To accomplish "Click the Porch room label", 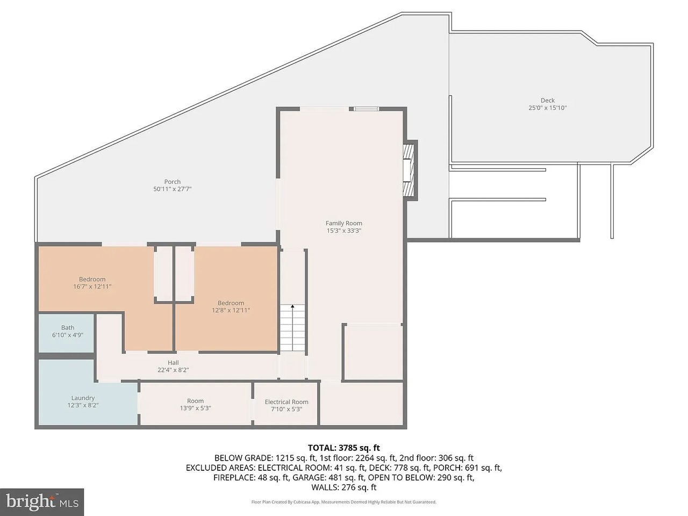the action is [x=173, y=182].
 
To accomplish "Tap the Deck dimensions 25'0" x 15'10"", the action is [x=548, y=108].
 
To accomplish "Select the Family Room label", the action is [x=344, y=224].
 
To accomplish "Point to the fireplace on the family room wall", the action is [x=410, y=170].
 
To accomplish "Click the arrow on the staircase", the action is [x=292, y=327].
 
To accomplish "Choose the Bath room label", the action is [x=68, y=328].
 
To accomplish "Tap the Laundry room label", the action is [x=83, y=398].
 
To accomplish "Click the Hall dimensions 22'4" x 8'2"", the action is [x=173, y=370].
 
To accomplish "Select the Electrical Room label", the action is [x=286, y=402].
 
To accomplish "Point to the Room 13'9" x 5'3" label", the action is [x=195, y=405].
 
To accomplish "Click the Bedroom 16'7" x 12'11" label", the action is [x=92, y=283].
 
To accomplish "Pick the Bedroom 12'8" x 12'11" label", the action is [x=231, y=307].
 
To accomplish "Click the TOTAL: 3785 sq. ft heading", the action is [x=344, y=448].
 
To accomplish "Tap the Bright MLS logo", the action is [x=42, y=502].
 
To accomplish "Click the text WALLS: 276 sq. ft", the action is [x=344, y=488].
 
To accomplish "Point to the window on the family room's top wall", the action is [x=367, y=109].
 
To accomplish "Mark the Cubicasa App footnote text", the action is [x=344, y=502].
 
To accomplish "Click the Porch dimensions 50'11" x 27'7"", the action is [x=173, y=189].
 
